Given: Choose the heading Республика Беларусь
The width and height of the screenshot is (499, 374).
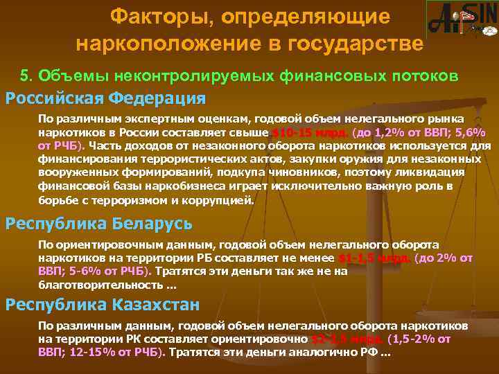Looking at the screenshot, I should click(x=99, y=224).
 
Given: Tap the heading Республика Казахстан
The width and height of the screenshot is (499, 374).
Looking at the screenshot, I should click(x=103, y=304).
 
